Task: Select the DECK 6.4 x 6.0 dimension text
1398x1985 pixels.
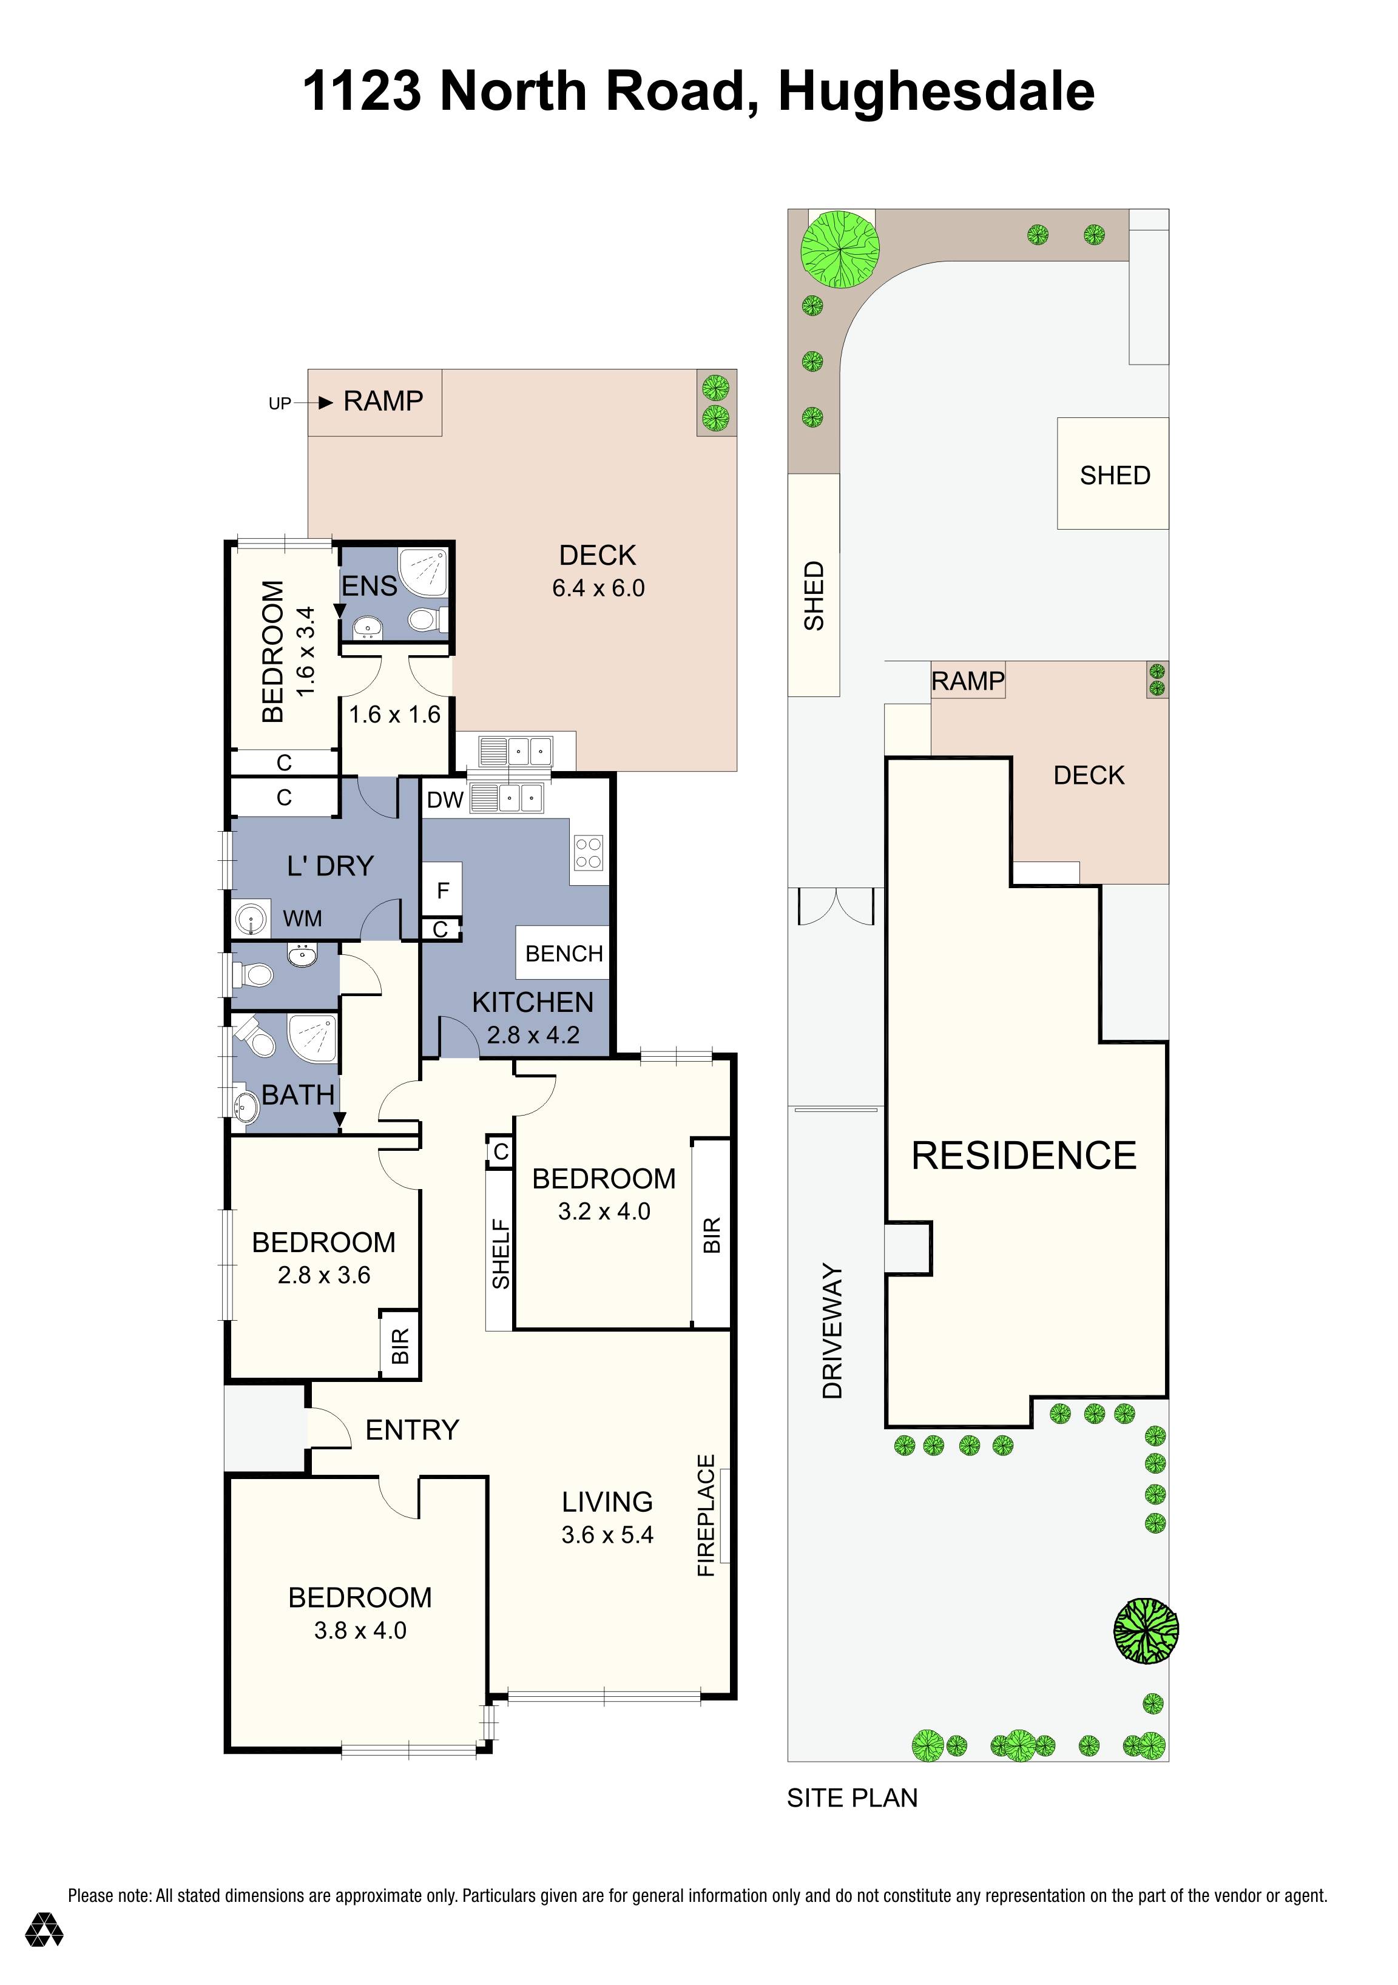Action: [598, 588]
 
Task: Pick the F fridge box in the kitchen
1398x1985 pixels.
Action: [442, 891]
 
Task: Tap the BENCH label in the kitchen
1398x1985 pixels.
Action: [564, 954]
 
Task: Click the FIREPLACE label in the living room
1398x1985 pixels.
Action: [706, 1515]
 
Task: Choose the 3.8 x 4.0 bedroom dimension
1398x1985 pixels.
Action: [360, 1631]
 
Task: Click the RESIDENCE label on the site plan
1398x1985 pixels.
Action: [1024, 1156]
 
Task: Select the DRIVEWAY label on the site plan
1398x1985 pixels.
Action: [832, 1332]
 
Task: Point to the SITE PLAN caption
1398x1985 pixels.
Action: [851, 1798]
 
